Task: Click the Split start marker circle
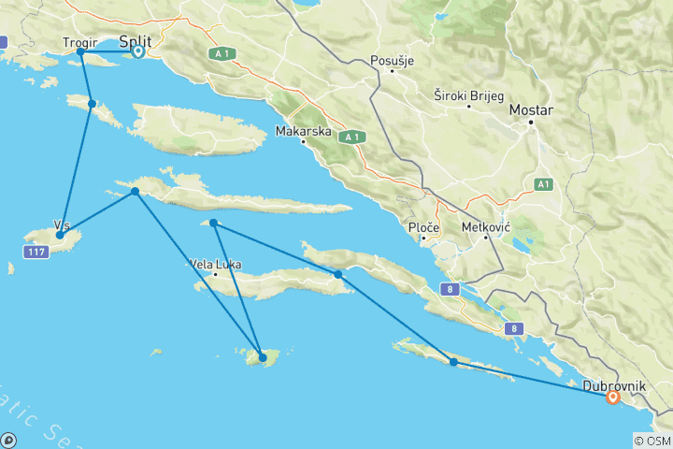[x=137, y=51]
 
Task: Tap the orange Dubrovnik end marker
[x=613, y=397]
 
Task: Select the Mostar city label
[x=531, y=109]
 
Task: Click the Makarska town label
[x=304, y=131]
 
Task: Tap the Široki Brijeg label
[x=469, y=95]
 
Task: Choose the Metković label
[x=486, y=226]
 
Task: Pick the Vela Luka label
[x=215, y=264]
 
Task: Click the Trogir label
[x=79, y=42]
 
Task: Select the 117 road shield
[x=36, y=253]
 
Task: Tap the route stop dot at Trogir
[x=81, y=52]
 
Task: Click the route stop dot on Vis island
[x=60, y=235]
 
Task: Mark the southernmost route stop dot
[x=263, y=357]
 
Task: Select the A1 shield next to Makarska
[x=351, y=137]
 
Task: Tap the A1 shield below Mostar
[x=543, y=185]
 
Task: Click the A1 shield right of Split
[x=222, y=53]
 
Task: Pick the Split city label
[x=138, y=41]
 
